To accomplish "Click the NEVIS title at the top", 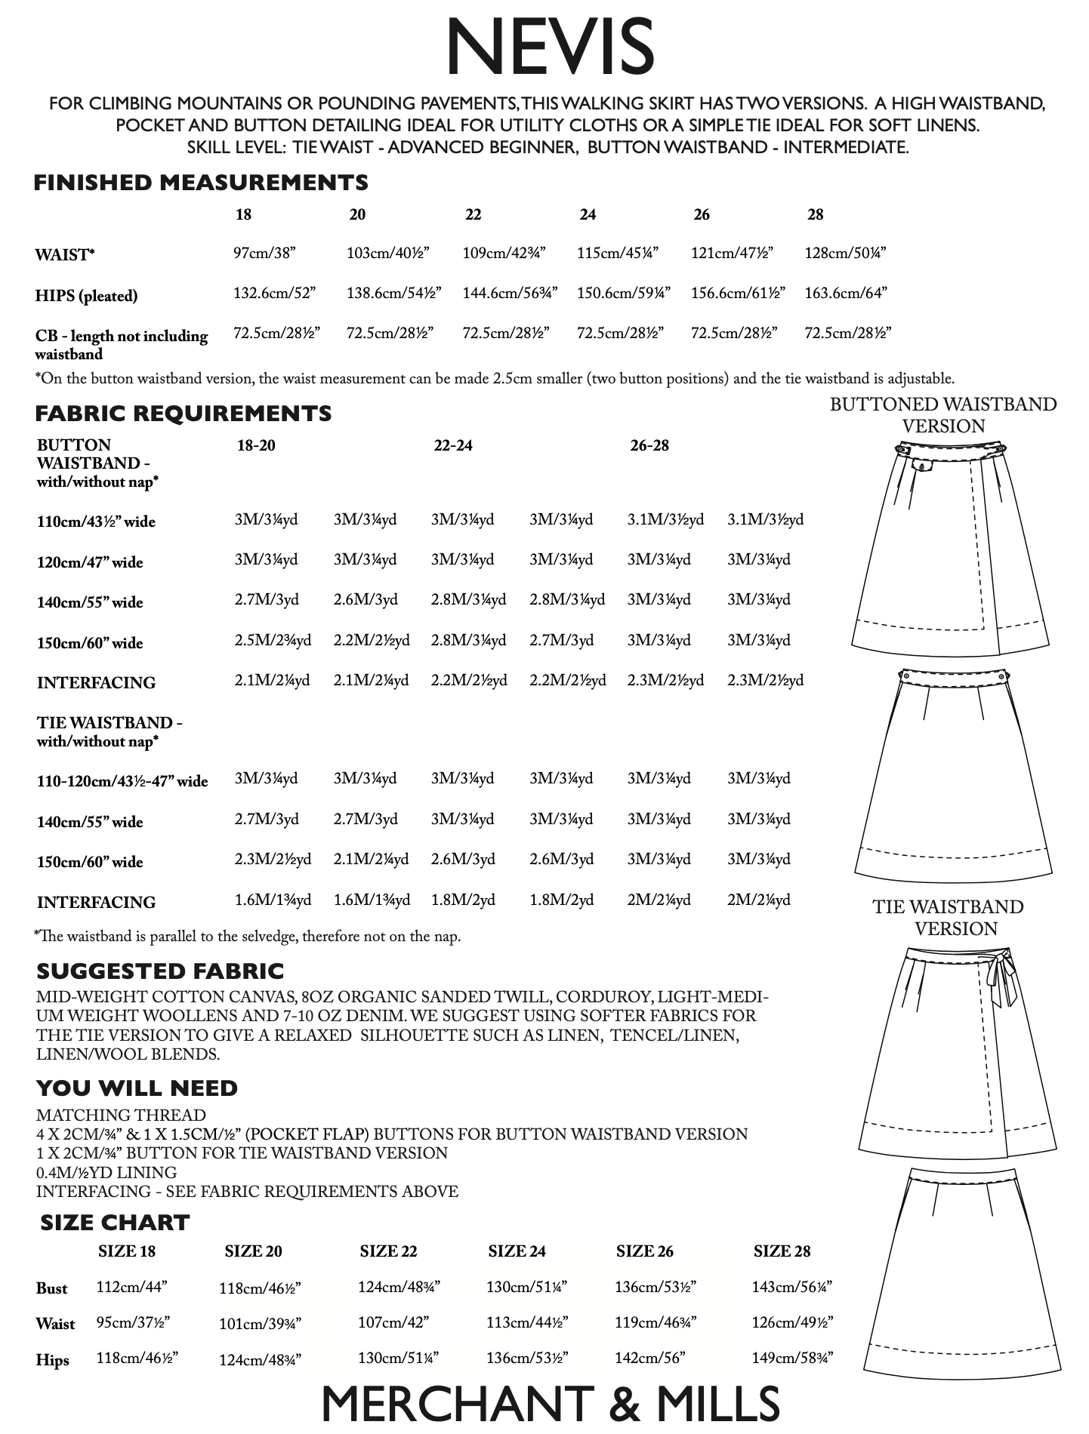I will [549, 47].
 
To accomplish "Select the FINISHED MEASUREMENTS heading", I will [201, 183].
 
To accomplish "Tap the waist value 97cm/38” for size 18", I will [264, 253].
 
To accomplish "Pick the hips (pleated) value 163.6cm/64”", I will [845, 293].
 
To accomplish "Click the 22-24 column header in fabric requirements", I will [453, 445].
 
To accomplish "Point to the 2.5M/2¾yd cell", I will [273, 641].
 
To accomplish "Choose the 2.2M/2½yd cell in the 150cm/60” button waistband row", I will [372, 641].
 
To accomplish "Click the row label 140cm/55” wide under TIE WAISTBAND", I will [90, 822].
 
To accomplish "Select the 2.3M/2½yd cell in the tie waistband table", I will [273, 860].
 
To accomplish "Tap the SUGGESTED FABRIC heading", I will [160, 971].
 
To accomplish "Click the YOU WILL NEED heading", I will [137, 1088].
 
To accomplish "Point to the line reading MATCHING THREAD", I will [121, 1115].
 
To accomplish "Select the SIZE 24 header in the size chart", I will [517, 1251].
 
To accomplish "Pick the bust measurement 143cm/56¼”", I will [791, 1287].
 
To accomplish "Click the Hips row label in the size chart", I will [52, 1360].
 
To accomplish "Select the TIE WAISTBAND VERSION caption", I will [948, 917].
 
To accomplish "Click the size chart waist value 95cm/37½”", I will [133, 1322].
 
